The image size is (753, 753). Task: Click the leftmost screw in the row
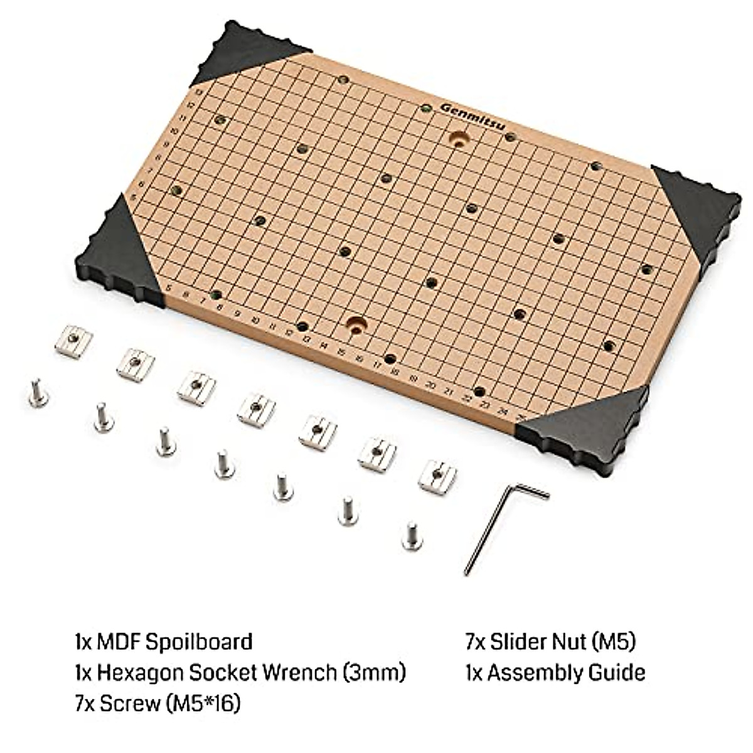38,393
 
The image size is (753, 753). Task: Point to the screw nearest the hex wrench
411,536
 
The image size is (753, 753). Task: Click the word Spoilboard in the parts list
199,642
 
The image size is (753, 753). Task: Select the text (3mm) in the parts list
374,673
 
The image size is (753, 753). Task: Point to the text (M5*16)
203,703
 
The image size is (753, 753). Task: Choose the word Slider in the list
520,642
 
